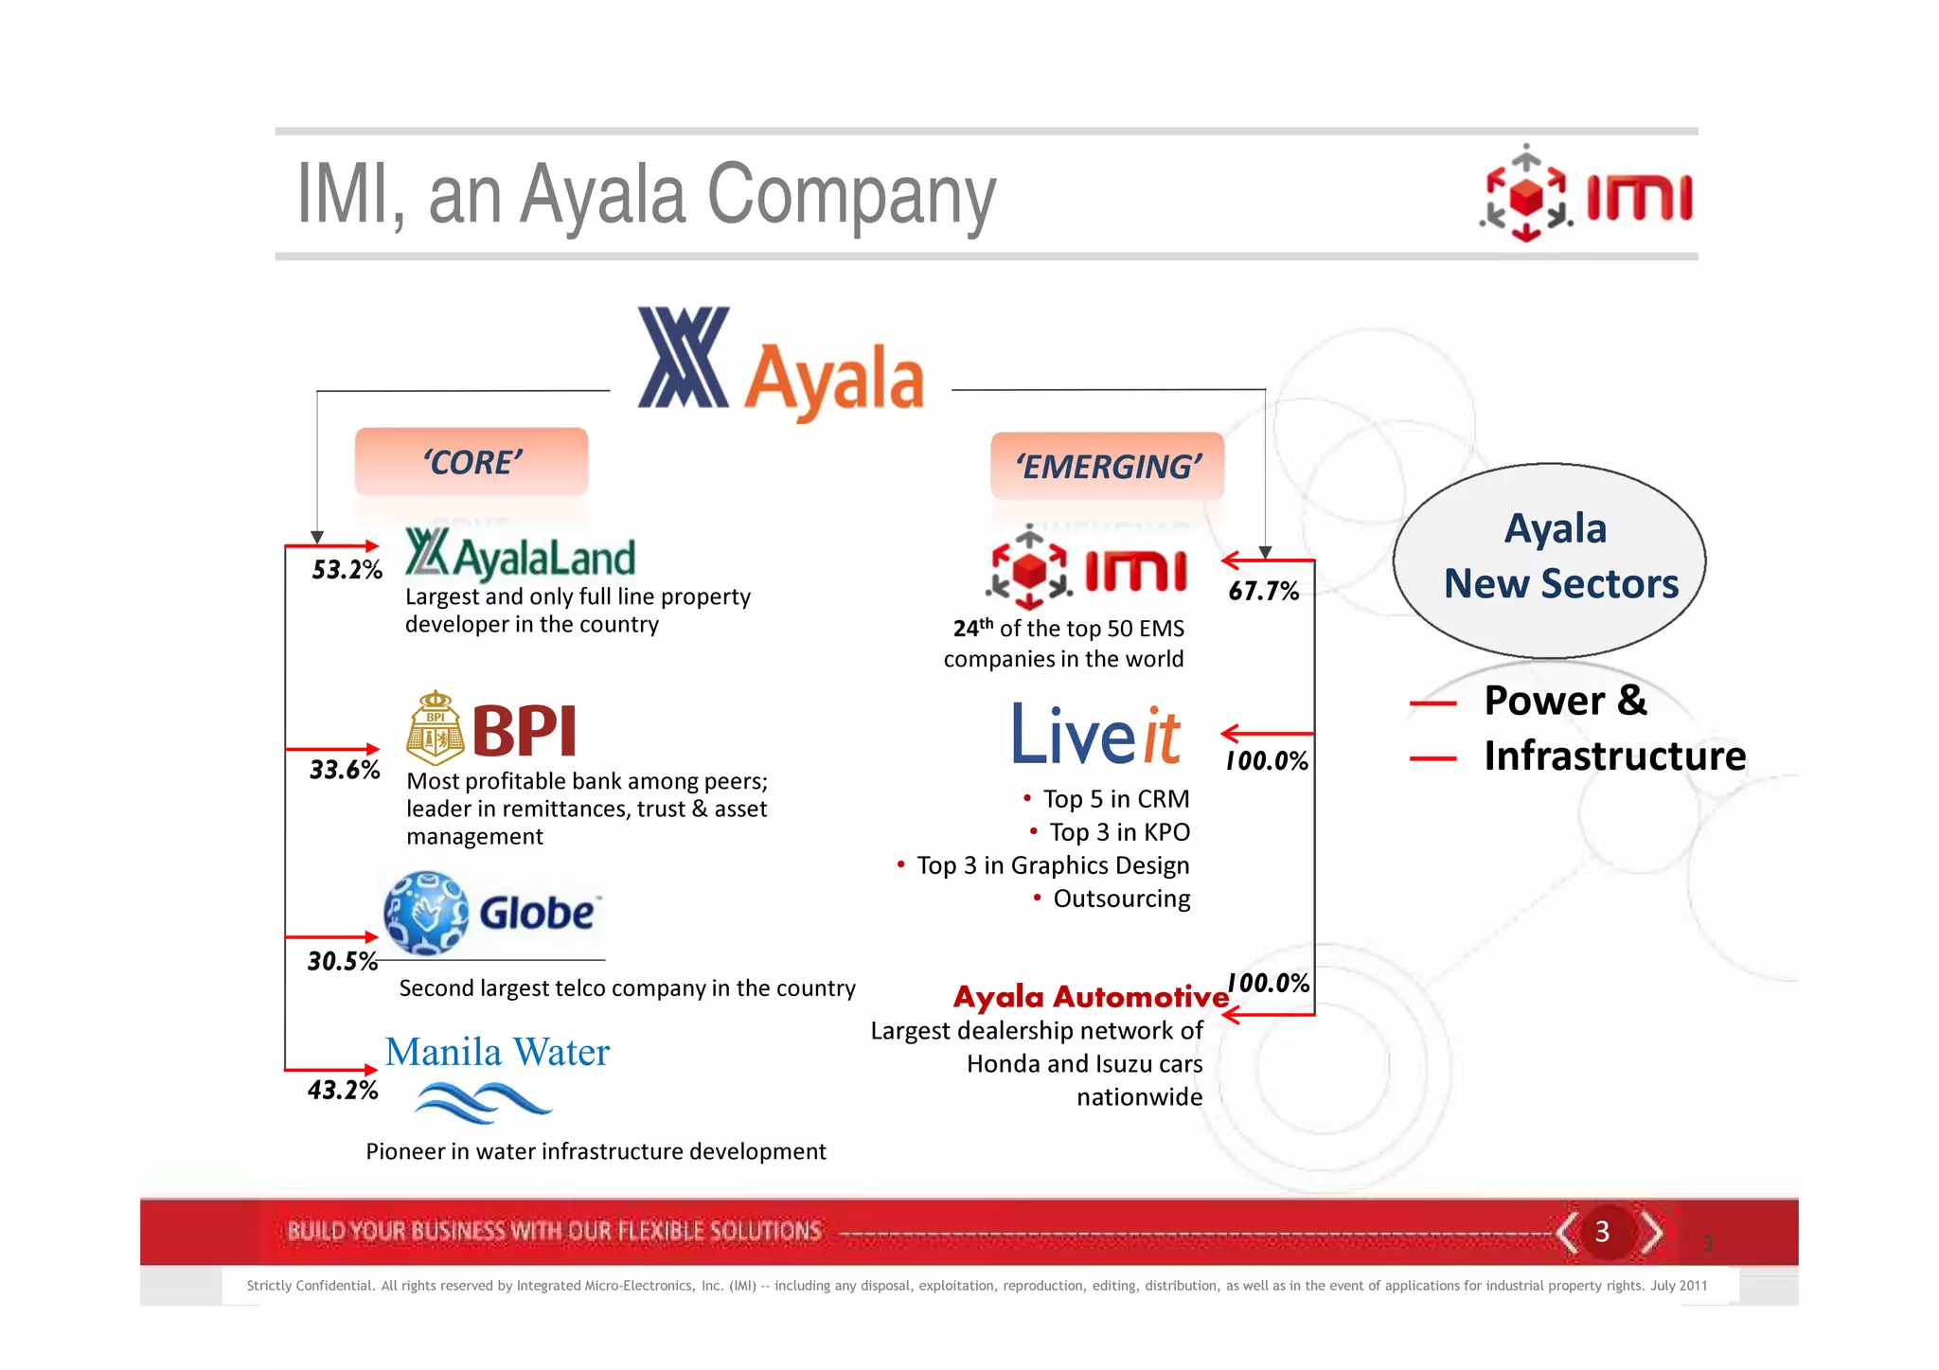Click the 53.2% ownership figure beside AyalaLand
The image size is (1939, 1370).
347,570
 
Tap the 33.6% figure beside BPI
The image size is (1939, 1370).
345,770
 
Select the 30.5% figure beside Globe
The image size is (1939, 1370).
342,962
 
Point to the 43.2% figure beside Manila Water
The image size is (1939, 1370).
342,1091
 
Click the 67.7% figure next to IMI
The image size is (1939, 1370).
1263,592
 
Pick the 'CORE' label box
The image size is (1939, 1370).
471,462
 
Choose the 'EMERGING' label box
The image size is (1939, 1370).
1107,467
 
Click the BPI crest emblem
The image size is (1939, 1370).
435,728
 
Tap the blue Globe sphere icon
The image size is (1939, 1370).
426,913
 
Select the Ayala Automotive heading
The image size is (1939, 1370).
1090,997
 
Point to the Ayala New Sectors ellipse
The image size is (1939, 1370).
1549,560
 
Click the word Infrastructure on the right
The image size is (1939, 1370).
1614,756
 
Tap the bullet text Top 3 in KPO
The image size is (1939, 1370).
1118,832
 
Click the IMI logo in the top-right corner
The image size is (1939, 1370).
1588,195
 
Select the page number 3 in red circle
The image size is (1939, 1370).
1602,1232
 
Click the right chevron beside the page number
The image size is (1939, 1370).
1652,1232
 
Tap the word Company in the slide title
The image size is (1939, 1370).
851,195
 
